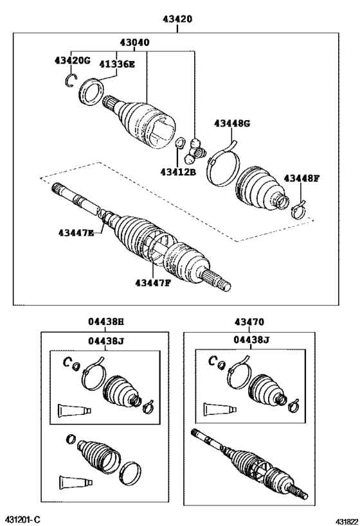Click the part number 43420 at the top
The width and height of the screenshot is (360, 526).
177,19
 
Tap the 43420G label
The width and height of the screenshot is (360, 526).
72,62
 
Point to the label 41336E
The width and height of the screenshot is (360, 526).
117,63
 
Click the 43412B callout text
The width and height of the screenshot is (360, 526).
177,171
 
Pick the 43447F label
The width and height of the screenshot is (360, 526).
153,283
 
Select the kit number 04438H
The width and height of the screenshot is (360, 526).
105,322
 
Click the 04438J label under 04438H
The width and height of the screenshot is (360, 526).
105,341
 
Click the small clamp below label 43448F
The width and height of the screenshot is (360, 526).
297,209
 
